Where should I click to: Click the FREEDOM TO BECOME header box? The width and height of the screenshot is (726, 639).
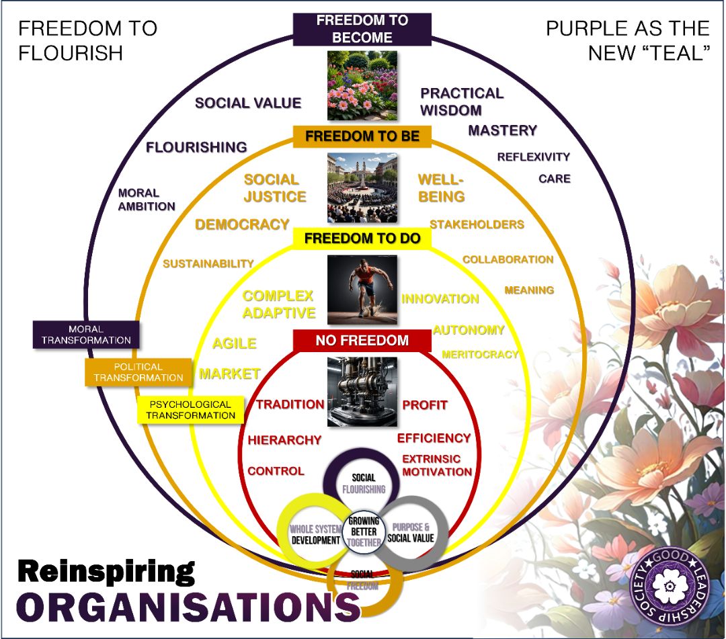click(x=362, y=30)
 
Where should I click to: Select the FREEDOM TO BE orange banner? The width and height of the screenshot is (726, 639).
click(x=362, y=136)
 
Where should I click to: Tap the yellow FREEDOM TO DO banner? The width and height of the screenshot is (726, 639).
click(x=362, y=239)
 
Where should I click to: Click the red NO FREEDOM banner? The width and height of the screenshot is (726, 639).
click(x=362, y=341)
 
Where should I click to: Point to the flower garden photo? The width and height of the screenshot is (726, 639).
click(x=362, y=85)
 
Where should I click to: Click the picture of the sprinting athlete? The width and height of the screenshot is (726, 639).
click(x=362, y=290)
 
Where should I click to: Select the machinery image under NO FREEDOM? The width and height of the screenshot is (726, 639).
click(x=362, y=392)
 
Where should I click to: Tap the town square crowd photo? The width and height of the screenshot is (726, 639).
click(x=362, y=187)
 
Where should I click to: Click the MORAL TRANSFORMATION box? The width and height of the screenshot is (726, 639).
click(x=86, y=335)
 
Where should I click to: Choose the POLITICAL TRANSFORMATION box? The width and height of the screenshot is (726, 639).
click(x=138, y=372)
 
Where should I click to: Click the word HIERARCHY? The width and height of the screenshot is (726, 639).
click(x=284, y=440)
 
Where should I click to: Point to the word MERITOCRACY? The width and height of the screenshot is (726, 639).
click(x=480, y=354)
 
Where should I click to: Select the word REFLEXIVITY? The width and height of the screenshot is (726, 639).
click(x=533, y=157)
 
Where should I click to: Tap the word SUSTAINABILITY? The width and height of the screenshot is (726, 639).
click(x=208, y=264)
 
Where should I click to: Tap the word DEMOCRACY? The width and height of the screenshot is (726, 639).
click(x=242, y=224)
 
